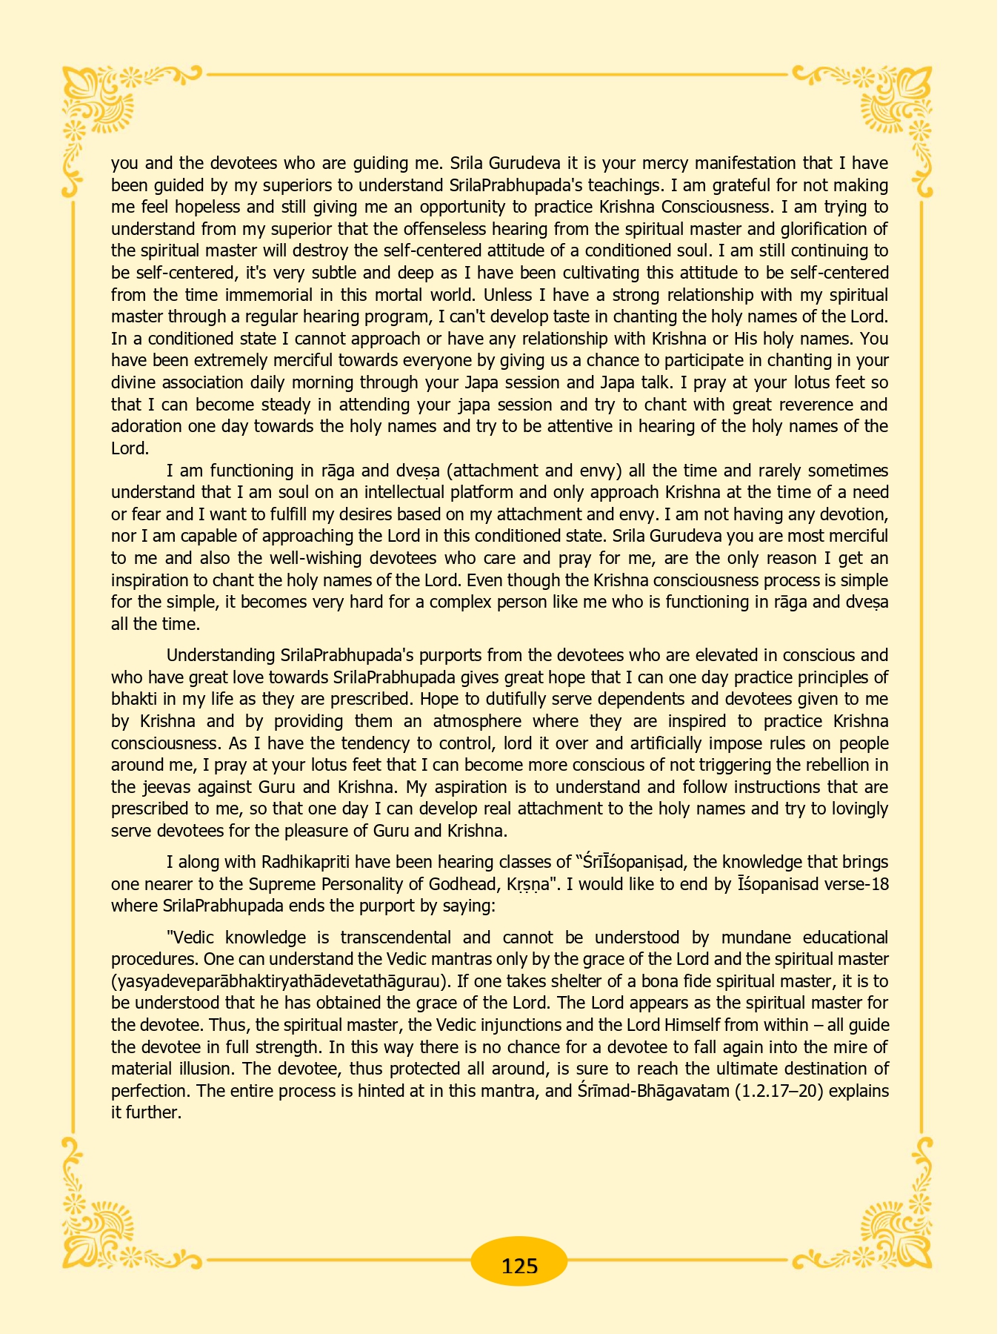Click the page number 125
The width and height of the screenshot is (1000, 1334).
pyautogui.click(x=519, y=1264)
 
